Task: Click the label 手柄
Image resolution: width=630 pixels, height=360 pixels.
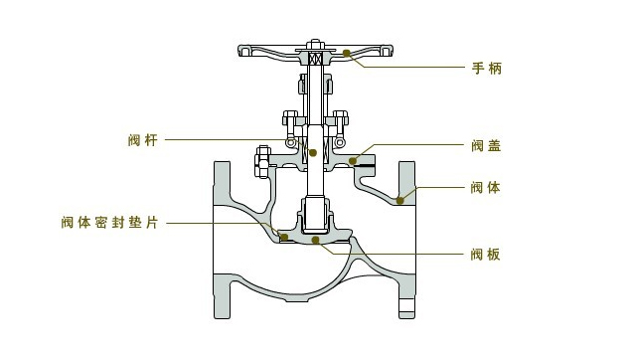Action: tap(485, 68)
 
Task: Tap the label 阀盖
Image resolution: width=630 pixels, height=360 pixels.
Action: tap(485, 145)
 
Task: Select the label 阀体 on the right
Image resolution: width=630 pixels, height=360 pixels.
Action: tap(485, 186)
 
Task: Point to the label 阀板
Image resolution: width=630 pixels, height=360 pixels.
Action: tap(485, 255)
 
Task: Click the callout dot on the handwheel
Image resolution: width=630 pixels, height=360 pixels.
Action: tap(346, 52)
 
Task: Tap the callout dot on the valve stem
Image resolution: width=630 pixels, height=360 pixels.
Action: tap(312, 152)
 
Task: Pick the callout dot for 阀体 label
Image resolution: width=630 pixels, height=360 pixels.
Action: tap(400, 200)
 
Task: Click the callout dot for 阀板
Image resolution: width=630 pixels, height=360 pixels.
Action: tap(315, 239)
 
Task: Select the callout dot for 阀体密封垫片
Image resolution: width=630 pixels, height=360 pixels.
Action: tap(283, 237)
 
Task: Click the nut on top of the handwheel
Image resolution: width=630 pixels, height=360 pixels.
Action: tap(314, 44)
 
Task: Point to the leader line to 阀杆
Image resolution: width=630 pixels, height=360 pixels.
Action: tap(229, 139)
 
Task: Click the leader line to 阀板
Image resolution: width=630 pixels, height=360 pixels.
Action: tap(417, 254)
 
